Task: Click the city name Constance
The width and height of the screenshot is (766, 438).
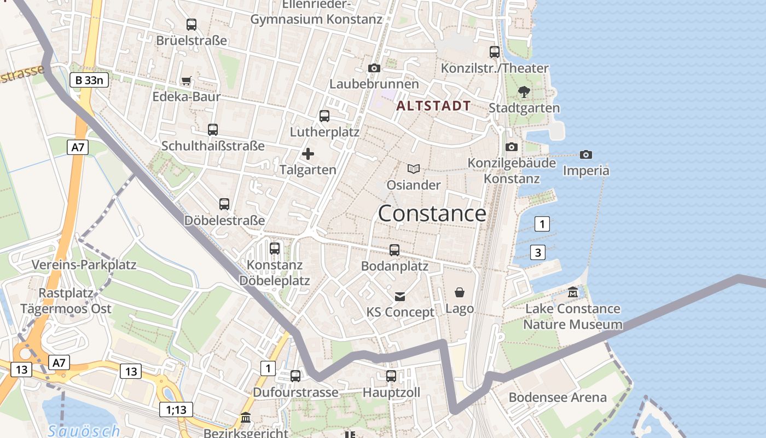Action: coord(432,214)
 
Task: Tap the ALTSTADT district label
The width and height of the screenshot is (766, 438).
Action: coord(433,106)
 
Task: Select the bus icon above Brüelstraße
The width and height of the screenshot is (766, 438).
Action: coord(191,25)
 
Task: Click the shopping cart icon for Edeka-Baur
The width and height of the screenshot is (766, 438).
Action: coord(186,81)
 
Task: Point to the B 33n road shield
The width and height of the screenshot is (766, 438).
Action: coord(89,80)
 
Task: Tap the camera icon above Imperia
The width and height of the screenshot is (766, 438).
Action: coord(585,155)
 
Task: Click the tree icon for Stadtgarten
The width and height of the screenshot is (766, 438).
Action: coord(524,92)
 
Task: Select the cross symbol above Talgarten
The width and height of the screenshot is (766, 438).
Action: coord(308,154)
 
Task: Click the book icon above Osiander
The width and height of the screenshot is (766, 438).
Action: coord(414,169)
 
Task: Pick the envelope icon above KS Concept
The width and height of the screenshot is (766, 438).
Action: coord(400,296)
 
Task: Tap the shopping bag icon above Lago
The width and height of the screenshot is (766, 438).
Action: coord(459,292)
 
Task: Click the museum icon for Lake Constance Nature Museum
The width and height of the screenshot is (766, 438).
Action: coord(572,292)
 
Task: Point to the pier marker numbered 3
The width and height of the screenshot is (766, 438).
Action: coord(538,252)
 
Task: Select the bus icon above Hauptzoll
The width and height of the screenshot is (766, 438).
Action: coord(391,376)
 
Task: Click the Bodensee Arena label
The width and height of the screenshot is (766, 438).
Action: coord(558,397)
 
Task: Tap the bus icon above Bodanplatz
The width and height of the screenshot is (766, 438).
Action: coord(394,250)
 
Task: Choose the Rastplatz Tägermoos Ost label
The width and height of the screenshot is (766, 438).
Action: coord(66,301)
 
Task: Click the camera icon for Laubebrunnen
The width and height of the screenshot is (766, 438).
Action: coord(374,68)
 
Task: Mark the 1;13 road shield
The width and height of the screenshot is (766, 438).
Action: coord(176,410)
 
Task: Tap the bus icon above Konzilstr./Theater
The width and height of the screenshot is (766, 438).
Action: coord(495,52)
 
